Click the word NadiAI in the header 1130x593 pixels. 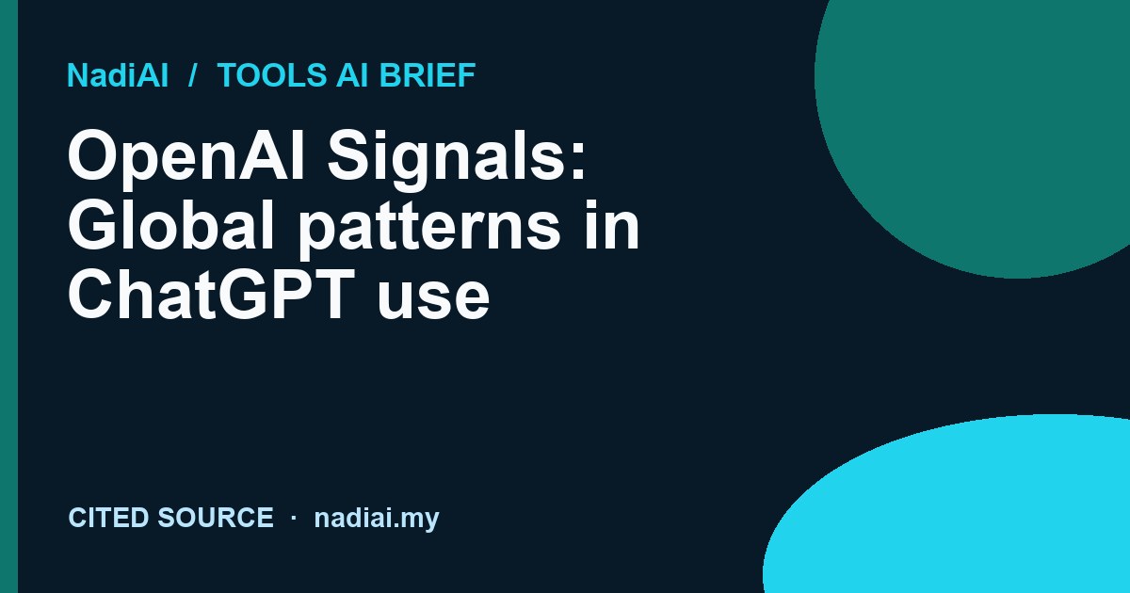point(118,75)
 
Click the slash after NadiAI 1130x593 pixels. point(192,75)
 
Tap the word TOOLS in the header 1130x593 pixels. point(272,75)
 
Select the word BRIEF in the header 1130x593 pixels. point(428,75)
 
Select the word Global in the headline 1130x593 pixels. point(170,224)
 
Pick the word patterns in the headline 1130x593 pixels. point(429,231)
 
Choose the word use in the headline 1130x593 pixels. point(433,300)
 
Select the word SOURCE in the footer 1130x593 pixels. point(216,518)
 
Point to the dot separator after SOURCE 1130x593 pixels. point(294,518)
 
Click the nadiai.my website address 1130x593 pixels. point(377,519)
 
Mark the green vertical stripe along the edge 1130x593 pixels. point(8,296)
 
